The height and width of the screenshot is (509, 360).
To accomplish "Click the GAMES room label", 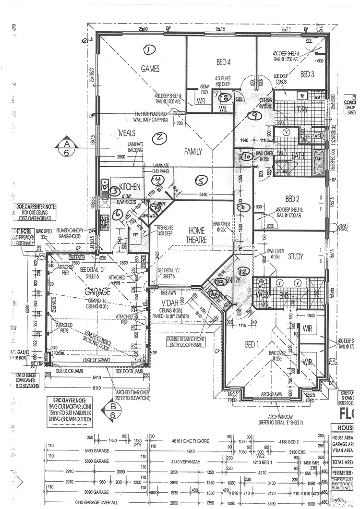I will [150, 69].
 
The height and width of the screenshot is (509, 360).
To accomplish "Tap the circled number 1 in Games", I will [149, 49].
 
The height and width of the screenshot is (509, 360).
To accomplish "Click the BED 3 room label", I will [307, 74].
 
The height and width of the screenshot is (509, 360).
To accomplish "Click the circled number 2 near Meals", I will [158, 138].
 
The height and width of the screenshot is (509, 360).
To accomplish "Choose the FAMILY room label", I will [193, 151].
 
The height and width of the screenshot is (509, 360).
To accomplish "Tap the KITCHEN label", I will [129, 186].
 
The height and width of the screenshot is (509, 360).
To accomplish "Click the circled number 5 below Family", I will [202, 180].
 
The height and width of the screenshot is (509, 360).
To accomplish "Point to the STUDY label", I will [295, 256].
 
